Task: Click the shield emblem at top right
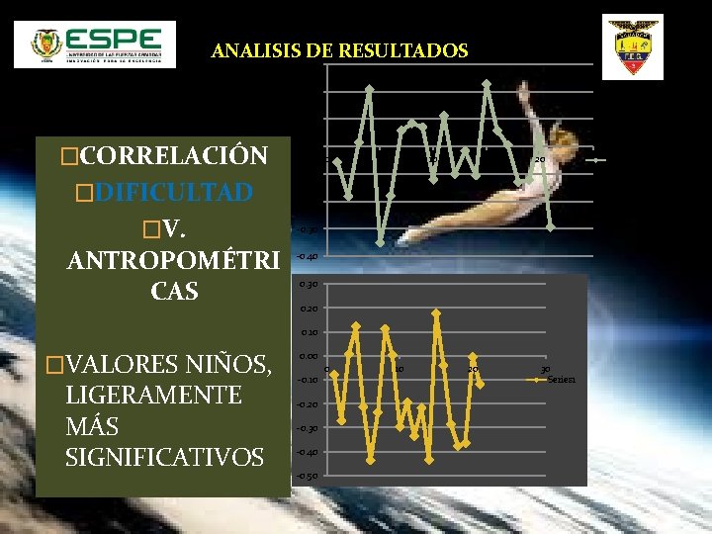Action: pyautogui.click(x=633, y=48)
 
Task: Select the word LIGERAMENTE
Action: pyautogui.click(x=153, y=396)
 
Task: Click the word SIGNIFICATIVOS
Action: pyautogui.click(x=164, y=457)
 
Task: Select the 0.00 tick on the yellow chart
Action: pyautogui.click(x=308, y=356)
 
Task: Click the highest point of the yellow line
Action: pyautogui.click(x=436, y=313)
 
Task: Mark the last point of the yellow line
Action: pyautogui.click(x=481, y=385)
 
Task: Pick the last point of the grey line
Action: pyautogui.click(x=550, y=227)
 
